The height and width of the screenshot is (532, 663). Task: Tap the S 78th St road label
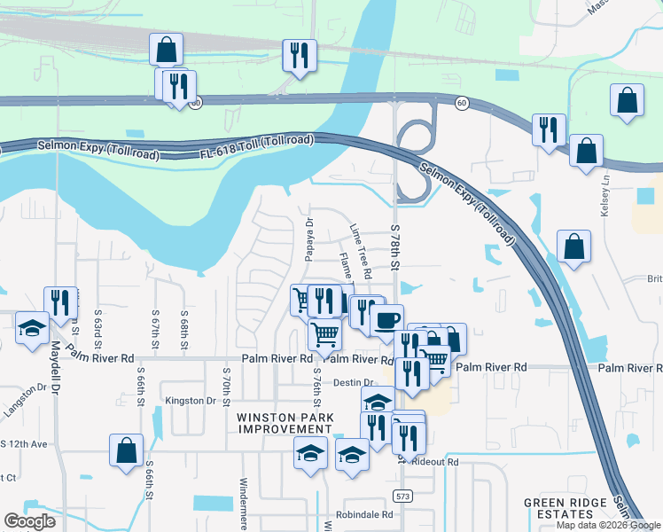coord(396,247)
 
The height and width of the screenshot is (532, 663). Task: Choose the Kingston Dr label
coord(191,401)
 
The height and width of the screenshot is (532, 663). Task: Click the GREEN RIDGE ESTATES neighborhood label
coord(569,508)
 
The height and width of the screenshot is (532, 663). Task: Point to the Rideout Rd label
coord(440,462)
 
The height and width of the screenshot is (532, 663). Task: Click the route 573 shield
coord(403,496)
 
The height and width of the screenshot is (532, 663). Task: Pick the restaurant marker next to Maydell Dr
coord(60,301)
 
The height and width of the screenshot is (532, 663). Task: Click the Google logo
coord(28,521)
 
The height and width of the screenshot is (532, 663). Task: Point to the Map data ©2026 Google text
coord(608,525)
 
